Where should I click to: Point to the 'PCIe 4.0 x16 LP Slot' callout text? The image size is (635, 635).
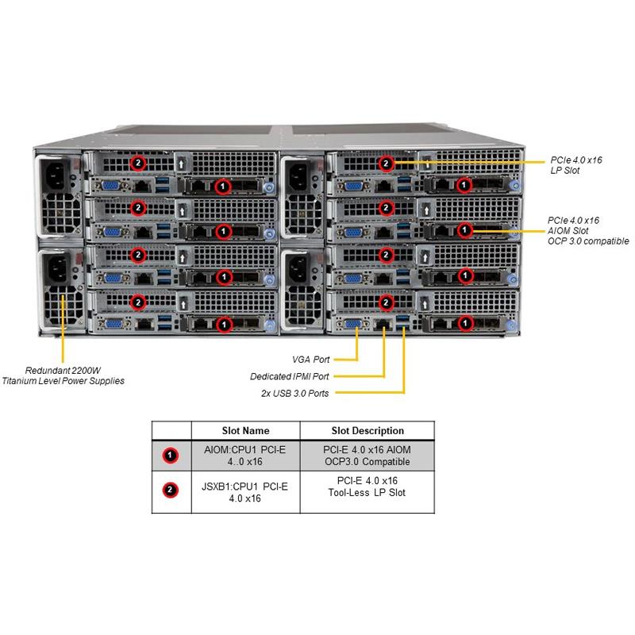pyautogui.click(x=576, y=165)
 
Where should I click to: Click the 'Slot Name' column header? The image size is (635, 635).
pyautogui.click(x=245, y=431)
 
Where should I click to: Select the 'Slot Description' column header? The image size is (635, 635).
pyautogui.click(x=367, y=431)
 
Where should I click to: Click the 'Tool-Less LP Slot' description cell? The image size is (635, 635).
pyautogui.click(x=367, y=492)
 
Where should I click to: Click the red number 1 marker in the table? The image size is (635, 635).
pyautogui.click(x=171, y=456)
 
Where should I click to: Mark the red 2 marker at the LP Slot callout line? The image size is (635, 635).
pyautogui.click(x=387, y=164)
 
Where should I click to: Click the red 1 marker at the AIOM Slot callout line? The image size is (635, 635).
pyautogui.click(x=465, y=230)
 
